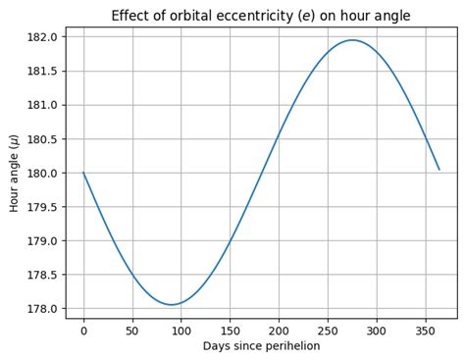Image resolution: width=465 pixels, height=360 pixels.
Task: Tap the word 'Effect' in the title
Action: point(131,16)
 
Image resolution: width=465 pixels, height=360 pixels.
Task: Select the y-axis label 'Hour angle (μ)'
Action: point(14,173)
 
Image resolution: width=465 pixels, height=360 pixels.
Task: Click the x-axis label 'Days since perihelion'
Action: point(261,346)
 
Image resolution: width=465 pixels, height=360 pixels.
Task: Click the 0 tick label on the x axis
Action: point(83,331)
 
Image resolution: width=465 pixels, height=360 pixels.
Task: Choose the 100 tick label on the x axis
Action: point(181,331)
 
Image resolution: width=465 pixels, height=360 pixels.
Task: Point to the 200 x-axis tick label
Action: point(279,331)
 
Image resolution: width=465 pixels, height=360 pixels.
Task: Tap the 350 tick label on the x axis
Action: point(426,331)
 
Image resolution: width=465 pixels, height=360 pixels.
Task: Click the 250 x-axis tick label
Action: point(328,331)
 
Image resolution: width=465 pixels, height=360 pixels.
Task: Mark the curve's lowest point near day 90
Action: point(172,304)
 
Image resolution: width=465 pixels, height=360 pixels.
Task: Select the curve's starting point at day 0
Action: point(83,173)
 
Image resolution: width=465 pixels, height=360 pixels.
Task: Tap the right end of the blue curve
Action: point(439,169)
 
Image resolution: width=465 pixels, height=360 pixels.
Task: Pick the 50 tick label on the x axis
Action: point(132,331)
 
